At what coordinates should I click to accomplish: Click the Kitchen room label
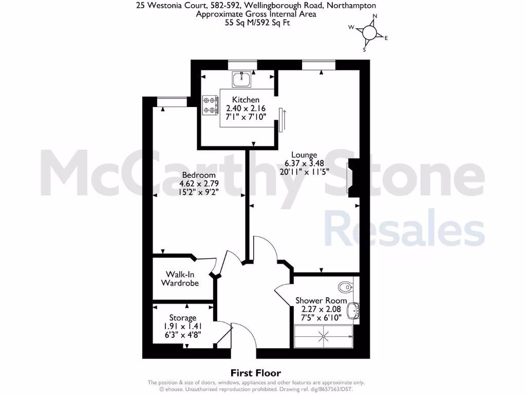[x=246, y=100]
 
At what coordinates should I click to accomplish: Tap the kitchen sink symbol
[x=241, y=79]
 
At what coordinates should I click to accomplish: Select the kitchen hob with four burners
[x=210, y=104]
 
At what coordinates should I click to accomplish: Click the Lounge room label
[x=304, y=155]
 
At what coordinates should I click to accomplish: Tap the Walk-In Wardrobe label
[x=180, y=279]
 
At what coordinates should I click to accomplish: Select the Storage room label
[x=183, y=318]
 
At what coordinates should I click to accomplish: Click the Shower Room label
[x=321, y=300]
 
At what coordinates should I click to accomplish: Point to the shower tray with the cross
[x=324, y=337]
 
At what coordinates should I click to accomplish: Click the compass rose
[x=370, y=33]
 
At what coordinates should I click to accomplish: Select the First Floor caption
[x=255, y=373]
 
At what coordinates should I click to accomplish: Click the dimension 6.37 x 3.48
[x=304, y=164]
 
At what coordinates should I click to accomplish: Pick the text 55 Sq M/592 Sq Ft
[x=256, y=23]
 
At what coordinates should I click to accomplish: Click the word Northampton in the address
[x=350, y=6]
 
